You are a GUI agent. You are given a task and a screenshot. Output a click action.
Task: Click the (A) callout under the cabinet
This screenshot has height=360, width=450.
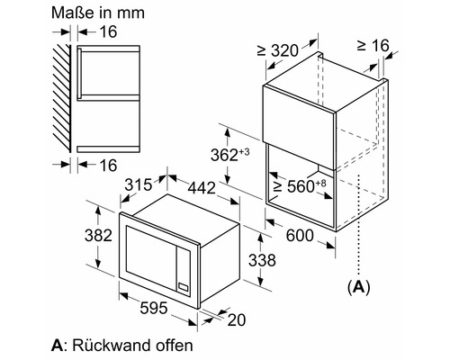coord(359,287)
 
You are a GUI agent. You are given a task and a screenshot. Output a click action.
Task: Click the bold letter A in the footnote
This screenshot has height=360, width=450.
coord(58,344)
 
